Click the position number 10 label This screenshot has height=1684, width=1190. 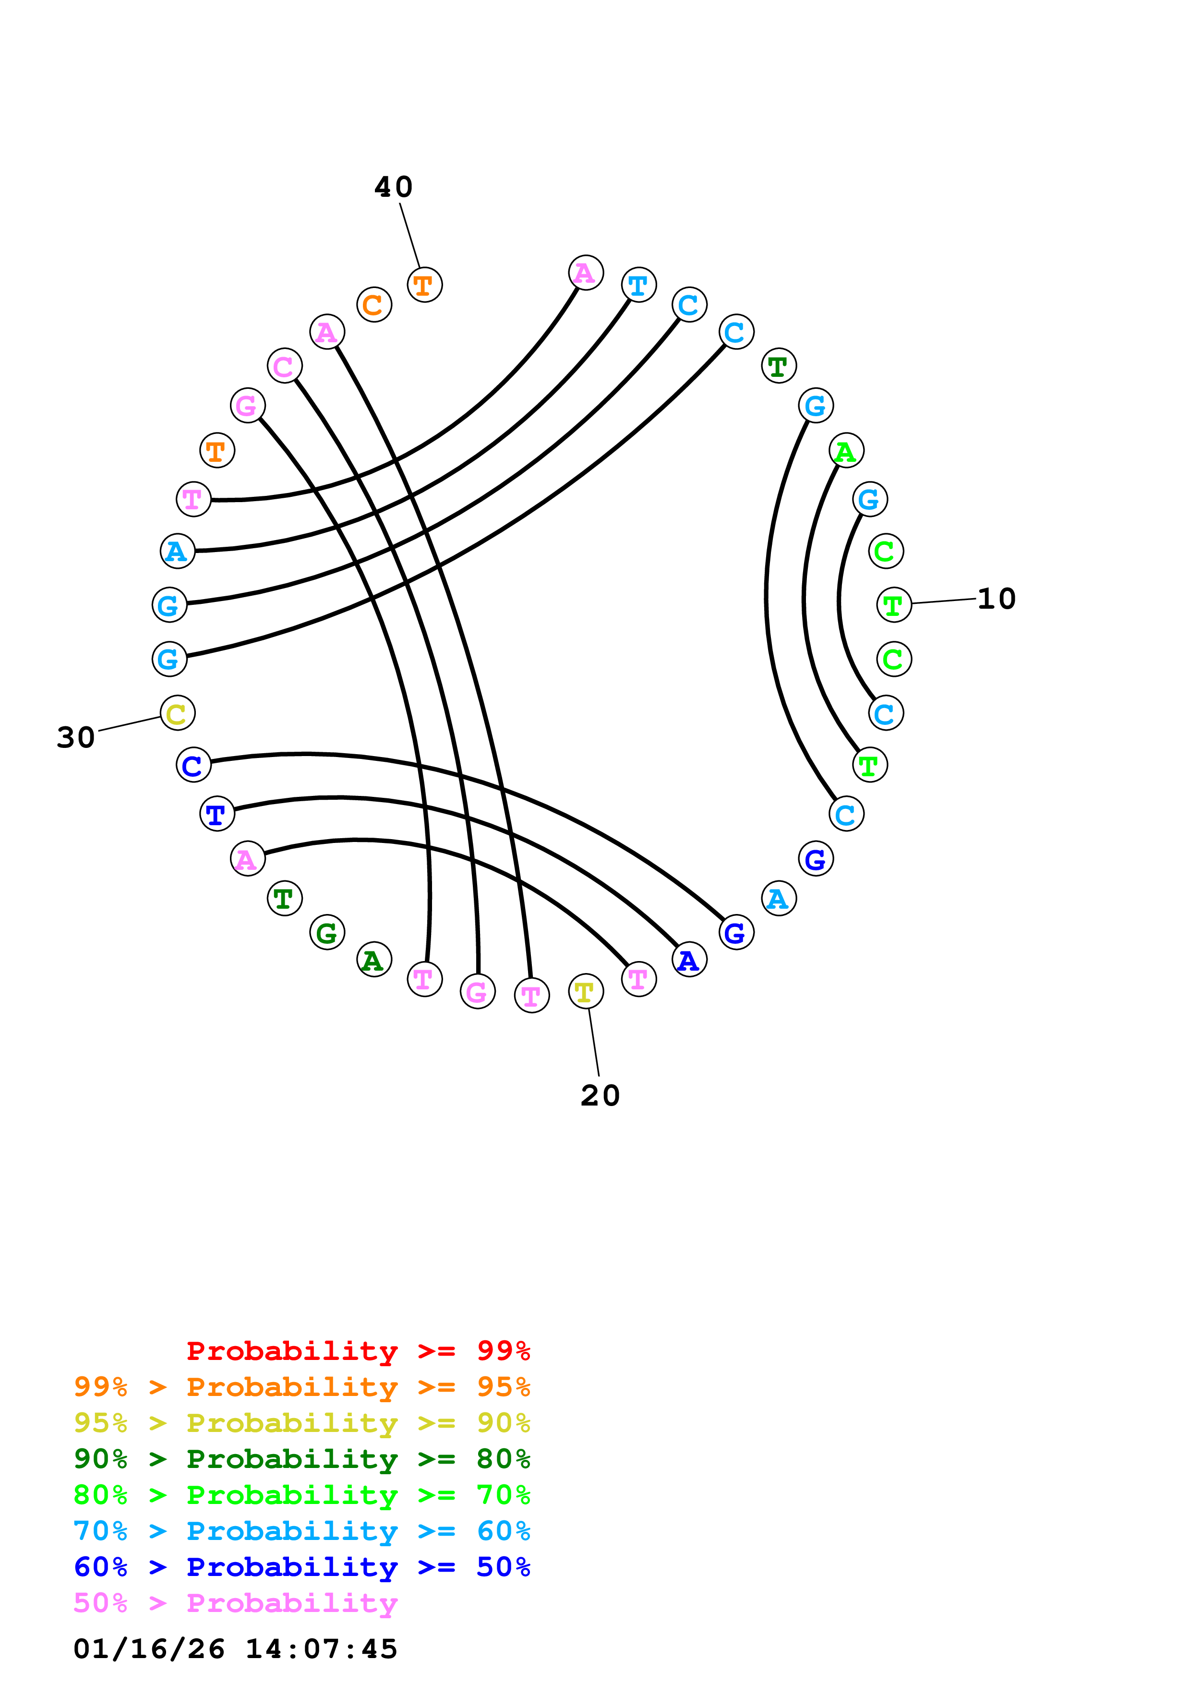997,599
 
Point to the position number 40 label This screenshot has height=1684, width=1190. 394,187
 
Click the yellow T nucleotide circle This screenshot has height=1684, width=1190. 586,992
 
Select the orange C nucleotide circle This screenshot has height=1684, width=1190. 374,304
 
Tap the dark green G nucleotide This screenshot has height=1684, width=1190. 327,933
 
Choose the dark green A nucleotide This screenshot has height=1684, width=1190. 374,959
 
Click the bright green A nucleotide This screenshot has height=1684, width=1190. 846,450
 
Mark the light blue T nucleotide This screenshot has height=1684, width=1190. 638,285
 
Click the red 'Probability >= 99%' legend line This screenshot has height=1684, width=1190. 358,1351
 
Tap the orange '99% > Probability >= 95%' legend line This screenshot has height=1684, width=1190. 301,1387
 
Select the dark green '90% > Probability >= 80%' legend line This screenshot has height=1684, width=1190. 301,1459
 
